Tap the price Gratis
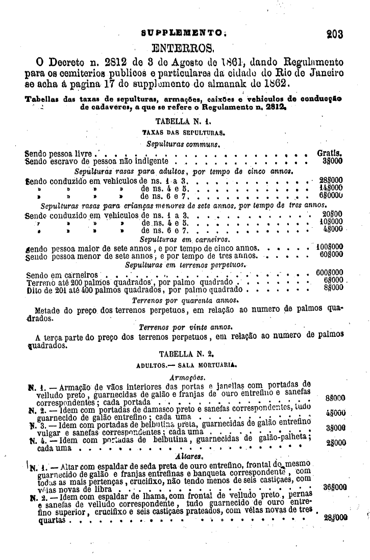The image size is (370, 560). tap(330, 152)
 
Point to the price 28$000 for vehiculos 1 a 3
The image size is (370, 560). tap(331, 180)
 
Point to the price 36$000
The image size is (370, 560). tap(335, 486)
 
